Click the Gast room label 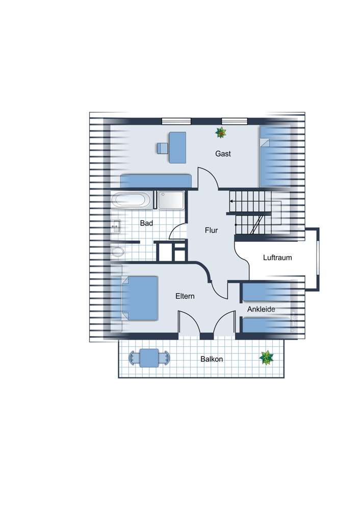(223, 154)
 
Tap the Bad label (146, 223)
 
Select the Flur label (211, 231)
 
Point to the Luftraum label (277, 258)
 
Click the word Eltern (185, 296)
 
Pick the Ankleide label (261, 309)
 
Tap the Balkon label (212, 359)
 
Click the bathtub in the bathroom (131, 199)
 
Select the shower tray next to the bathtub (171, 200)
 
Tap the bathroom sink (115, 226)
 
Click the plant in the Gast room (221, 133)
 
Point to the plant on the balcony (266, 358)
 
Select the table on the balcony (149, 358)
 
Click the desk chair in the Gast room (162, 148)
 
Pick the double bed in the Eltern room (140, 298)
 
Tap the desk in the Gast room (177, 147)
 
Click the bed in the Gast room (275, 157)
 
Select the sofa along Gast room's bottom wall (156, 181)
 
